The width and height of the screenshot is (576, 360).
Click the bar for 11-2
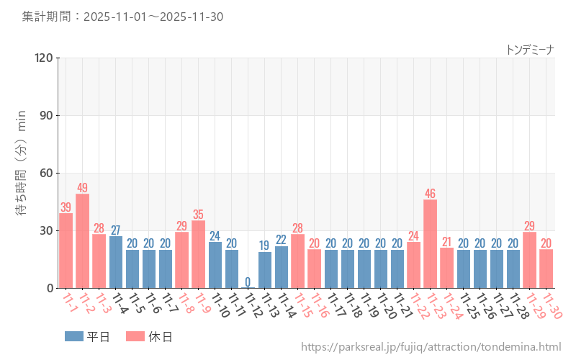click(83, 241)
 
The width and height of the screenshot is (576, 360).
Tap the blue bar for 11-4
click(116, 262)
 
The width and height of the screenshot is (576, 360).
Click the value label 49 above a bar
click(83, 188)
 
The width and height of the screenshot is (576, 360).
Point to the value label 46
click(431, 194)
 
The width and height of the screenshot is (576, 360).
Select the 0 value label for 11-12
click(248, 282)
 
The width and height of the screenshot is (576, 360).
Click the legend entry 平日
click(87, 336)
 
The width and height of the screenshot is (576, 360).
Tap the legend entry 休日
click(149, 336)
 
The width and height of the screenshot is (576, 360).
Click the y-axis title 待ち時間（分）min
click(22, 173)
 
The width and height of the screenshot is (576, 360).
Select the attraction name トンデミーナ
click(530, 49)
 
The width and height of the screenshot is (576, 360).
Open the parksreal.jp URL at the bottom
click(431, 347)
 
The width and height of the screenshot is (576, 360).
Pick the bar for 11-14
click(282, 267)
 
